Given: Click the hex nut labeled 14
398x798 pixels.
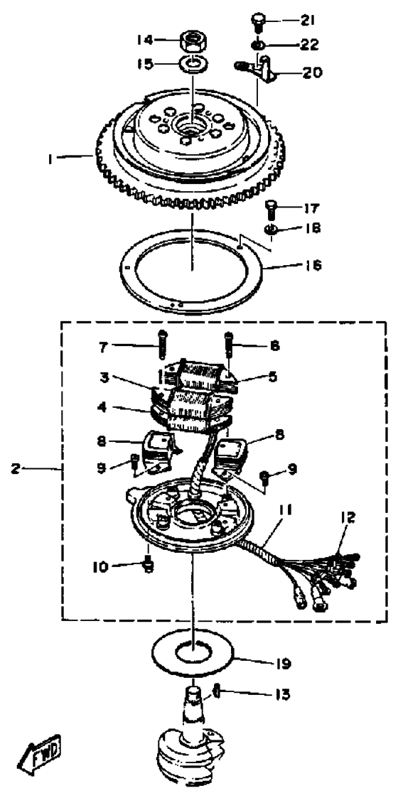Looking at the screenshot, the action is pos(193,40).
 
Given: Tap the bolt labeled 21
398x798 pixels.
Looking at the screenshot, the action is pos(257,23).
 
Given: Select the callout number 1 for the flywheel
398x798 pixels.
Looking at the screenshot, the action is pos(51,160).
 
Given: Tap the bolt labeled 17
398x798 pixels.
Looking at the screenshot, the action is pos(271,210).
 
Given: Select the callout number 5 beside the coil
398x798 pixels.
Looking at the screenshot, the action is pos(272,376).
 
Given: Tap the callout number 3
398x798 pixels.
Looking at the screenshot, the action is pos(104,377).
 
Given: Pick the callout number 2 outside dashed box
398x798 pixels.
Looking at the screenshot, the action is pos(15,469).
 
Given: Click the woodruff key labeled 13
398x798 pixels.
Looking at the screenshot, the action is pos(216,693).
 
